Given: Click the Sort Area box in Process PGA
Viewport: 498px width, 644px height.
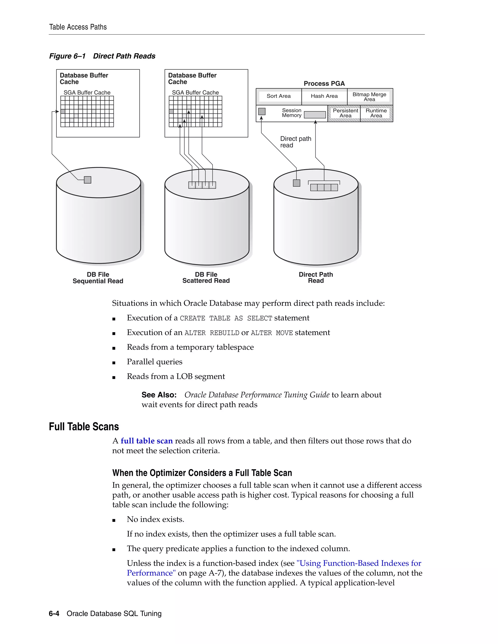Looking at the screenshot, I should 278,96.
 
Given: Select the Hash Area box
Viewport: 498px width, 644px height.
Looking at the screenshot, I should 324,96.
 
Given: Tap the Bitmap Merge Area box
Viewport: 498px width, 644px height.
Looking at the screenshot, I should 369,97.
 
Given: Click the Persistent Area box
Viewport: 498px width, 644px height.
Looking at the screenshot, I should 345,113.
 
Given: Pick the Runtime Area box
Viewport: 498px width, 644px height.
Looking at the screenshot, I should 376,113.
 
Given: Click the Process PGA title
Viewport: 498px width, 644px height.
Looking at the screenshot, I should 324,83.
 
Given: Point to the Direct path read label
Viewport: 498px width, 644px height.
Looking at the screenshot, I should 295,142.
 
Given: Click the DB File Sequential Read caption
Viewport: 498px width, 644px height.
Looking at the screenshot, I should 98,278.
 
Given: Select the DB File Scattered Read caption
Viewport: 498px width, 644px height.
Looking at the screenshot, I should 206,278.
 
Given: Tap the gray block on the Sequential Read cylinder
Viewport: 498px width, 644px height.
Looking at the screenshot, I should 88,180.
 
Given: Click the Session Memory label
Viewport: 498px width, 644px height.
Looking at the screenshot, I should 292,113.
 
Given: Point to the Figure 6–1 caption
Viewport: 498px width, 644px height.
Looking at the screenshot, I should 102,56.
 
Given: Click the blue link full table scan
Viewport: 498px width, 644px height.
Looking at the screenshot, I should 147,441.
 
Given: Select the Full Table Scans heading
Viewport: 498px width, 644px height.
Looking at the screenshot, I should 84,427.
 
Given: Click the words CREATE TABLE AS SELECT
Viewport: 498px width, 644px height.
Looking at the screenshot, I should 226,318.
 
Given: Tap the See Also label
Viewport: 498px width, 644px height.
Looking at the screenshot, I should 159,395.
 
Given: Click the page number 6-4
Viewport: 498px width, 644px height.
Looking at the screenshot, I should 54,614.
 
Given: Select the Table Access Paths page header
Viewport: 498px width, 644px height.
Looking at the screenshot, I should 78,27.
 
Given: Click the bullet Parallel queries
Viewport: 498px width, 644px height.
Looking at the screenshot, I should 155,362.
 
